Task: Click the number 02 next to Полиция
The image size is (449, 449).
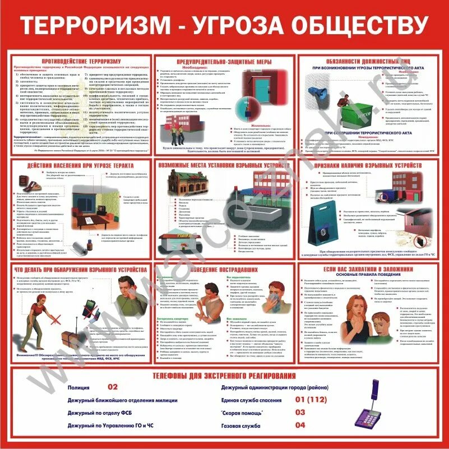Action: tap(113, 387)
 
